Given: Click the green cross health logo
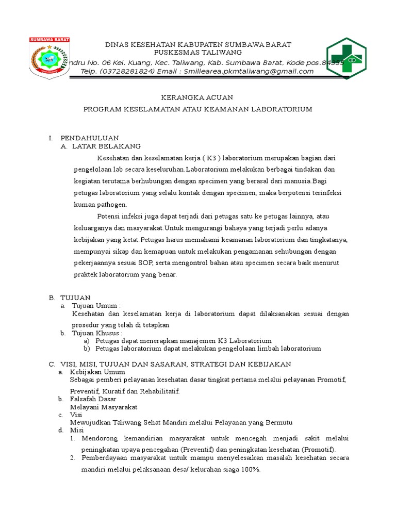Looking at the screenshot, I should pos(346,58).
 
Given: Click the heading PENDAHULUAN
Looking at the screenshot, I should pos(90,138).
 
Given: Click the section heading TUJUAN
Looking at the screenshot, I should pos(75,298).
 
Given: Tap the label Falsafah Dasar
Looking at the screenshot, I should pos(93,399).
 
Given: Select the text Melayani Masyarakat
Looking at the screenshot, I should pos(104,407).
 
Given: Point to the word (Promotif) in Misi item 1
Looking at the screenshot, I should pos(318,449).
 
